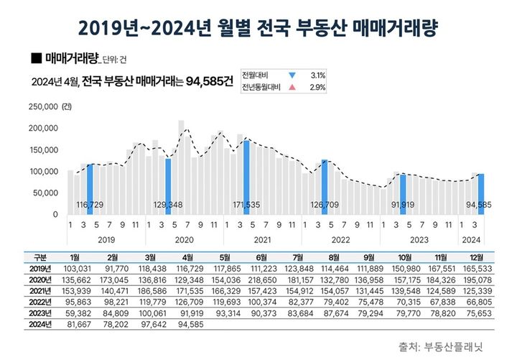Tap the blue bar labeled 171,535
point(246,177)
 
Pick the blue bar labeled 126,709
point(325,186)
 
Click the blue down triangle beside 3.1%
point(292,75)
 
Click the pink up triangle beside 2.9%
point(292,88)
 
